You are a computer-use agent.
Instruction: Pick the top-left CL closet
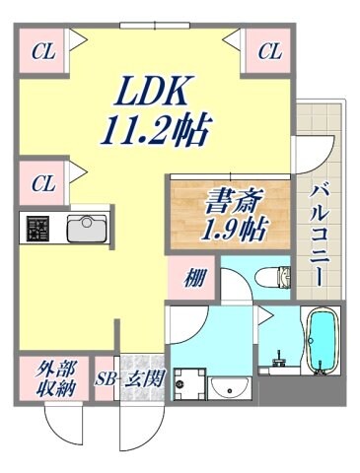tap(41, 52)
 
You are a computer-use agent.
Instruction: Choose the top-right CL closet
tap(269, 52)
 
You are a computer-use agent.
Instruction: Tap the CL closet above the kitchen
tap(41, 183)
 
